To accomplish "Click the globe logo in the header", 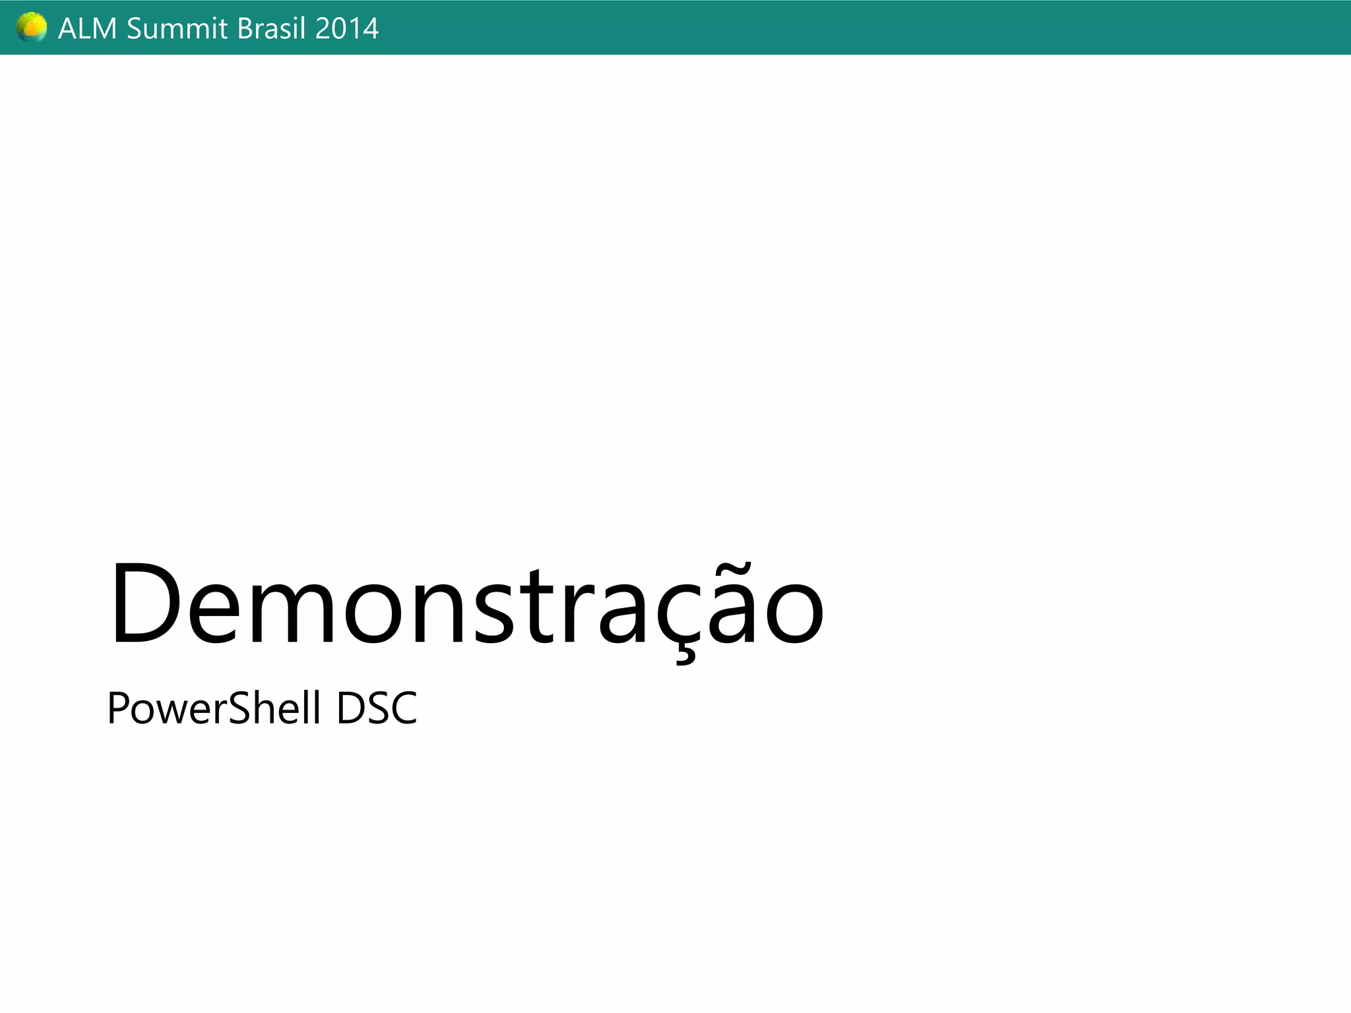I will pyautogui.click(x=32, y=28).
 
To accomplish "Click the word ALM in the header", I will pyautogui.click(x=88, y=29).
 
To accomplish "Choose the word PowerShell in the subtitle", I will pyautogui.click(x=214, y=708).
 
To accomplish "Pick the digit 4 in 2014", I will pyautogui.click(x=370, y=29).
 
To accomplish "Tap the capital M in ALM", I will pyautogui.click(x=104, y=29).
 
